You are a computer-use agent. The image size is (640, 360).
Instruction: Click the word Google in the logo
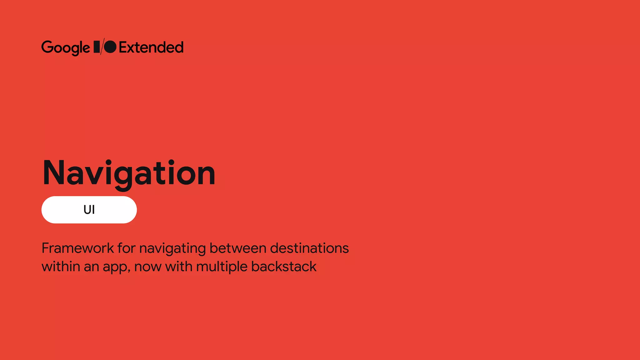tap(66, 47)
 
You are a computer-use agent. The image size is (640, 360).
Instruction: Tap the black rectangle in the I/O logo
tap(97, 47)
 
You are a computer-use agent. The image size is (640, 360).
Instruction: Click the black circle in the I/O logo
tap(110, 47)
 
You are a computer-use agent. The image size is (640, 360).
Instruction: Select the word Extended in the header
tap(151, 47)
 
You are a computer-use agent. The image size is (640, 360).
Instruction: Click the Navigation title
tap(129, 173)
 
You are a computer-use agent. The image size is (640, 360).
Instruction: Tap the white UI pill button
tap(89, 210)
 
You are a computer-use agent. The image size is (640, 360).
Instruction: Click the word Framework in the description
tap(78, 248)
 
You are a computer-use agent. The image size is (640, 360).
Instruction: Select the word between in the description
tap(238, 248)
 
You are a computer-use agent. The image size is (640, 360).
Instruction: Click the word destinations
tap(309, 248)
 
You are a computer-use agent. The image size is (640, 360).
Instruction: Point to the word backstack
tap(284, 267)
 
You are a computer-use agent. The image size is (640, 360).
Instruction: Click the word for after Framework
tap(127, 248)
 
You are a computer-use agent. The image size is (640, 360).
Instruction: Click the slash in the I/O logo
tap(102, 47)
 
